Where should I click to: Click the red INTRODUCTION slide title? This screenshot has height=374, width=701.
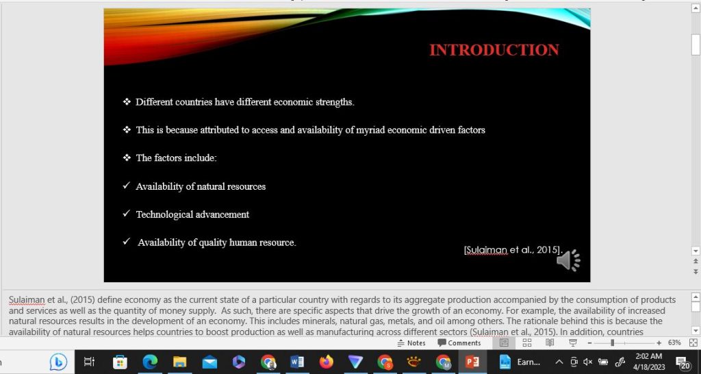click(494, 50)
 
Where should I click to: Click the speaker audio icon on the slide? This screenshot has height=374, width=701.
click(568, 260)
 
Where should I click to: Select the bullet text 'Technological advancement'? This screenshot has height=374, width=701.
click(192, 214)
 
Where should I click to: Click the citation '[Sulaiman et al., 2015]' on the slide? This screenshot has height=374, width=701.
click(513, 250)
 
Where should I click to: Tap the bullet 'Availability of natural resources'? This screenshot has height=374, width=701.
click(201, 186)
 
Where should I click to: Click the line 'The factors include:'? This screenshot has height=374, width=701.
click(176, 158)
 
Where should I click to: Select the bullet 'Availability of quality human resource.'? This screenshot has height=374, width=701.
click(216, 242)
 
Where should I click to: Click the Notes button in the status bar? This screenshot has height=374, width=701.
click(411, 342)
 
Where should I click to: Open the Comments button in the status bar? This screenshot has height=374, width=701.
click(459, 342)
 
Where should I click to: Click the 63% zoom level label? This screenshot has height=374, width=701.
click(674, 342)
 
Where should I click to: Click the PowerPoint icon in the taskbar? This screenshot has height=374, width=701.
click(472, 362)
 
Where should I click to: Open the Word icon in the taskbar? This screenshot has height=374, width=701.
click(297, 362)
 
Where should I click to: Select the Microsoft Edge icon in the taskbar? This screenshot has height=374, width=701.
click(150, 362)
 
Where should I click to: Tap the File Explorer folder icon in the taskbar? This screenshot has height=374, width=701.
click(179, 362)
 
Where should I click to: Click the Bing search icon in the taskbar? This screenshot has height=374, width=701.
click(59, 362)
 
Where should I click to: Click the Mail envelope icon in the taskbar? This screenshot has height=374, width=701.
click(209, 362)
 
